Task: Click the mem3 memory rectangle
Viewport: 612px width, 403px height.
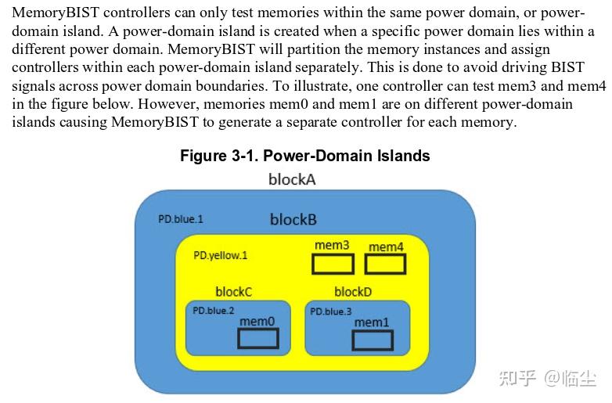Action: pos(333,264)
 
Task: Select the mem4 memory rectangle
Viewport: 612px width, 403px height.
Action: pos(385,264)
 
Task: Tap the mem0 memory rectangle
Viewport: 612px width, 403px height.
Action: pos(258,338)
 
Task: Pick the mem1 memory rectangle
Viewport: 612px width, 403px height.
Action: pos(373,340)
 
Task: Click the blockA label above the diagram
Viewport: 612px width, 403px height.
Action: pos(292,179)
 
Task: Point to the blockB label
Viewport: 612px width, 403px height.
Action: pos(293,220)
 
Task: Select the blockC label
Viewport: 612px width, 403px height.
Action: pos(233,292)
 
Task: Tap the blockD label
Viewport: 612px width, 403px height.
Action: pos(353,292)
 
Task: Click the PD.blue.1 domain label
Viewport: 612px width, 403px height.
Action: pos(180,219)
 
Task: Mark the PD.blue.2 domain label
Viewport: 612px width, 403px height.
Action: pos(214,311)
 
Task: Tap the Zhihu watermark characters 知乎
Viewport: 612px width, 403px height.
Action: pos(518,379)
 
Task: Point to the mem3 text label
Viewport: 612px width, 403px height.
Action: pos(332,246)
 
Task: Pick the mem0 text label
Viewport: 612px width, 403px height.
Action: pos(257,321)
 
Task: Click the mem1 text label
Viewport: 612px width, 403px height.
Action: pos(372,322)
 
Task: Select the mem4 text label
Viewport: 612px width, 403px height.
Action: pos(386,246)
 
